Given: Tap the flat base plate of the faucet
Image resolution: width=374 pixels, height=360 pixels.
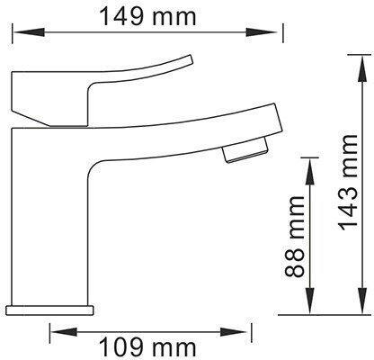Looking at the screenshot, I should (x=49, y=308).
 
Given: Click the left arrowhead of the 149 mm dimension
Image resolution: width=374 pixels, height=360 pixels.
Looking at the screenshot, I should (x=16, y=34).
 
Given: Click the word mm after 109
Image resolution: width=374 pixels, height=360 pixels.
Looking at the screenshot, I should (x=158, y=345).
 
